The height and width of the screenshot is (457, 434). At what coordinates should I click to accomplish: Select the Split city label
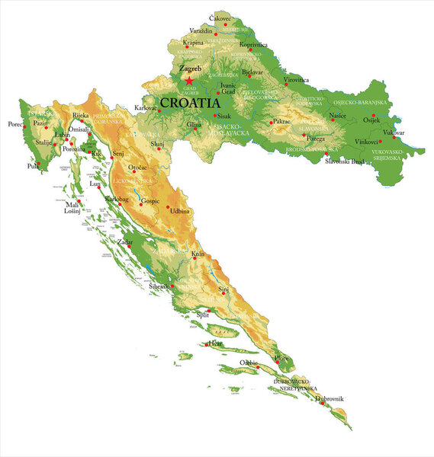(203, 314)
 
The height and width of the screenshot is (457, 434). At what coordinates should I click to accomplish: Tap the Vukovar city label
(394, 133)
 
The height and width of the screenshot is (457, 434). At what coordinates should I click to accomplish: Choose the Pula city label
(32, 165)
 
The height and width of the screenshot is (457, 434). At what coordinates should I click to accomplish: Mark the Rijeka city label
(80, 115)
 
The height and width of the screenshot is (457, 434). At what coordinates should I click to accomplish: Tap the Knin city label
(198, 253)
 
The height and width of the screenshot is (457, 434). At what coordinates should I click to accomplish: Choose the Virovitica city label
(296, 79)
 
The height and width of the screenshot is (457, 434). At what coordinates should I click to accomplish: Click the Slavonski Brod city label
(345, 162)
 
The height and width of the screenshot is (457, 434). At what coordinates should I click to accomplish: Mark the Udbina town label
(180, 210)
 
